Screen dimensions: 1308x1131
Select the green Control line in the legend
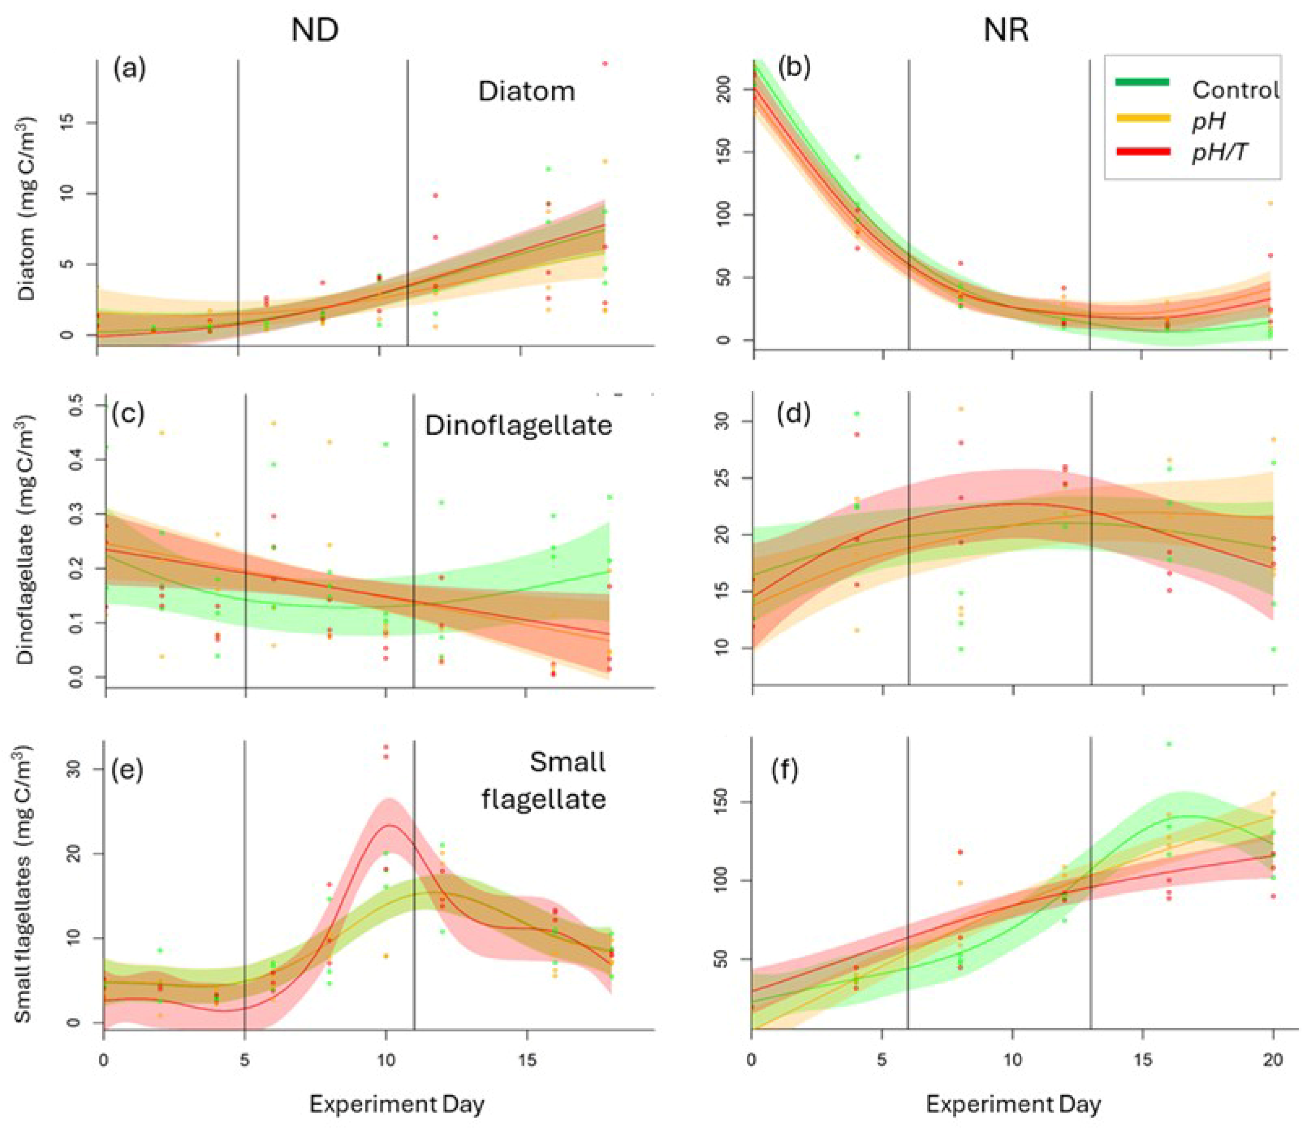pos(1143,82)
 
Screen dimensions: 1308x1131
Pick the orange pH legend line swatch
pos(1143,117)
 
